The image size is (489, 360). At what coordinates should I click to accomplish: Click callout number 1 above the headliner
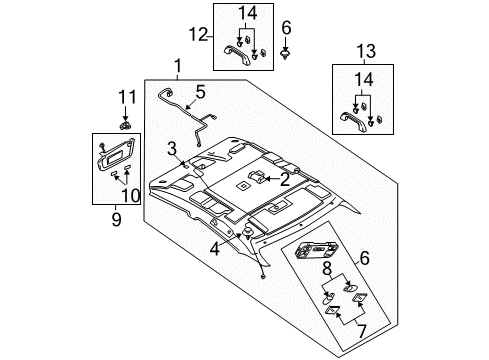pos(178,66)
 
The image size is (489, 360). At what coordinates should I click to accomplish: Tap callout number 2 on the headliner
pos(285,179)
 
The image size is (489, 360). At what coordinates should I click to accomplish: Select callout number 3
pos(172,149)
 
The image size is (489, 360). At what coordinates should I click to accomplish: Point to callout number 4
pos(215,249)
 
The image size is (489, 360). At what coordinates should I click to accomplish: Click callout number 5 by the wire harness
pos(200,92)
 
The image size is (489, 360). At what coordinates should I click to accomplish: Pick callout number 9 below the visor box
pos(116,219)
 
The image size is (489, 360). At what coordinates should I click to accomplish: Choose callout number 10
pos(131,196)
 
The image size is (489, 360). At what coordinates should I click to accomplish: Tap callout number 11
pos(128,97)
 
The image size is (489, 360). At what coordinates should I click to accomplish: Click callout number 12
pos(199,35)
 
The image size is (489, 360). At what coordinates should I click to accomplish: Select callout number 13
pos(366,51)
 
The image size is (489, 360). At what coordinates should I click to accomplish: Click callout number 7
pos(362,331)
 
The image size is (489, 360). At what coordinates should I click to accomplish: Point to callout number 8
pos(327,269)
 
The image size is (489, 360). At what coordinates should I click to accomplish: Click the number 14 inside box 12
pos(247,13)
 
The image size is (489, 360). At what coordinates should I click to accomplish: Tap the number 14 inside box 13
pos(364,80)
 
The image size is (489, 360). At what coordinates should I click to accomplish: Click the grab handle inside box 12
pos(236,55)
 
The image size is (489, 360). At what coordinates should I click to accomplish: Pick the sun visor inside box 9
pos(115,154)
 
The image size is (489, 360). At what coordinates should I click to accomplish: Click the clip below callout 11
pos(125,126)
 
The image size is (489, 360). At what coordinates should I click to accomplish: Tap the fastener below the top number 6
pos(285,55)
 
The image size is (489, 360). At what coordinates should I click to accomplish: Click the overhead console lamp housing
pos(316,250)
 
